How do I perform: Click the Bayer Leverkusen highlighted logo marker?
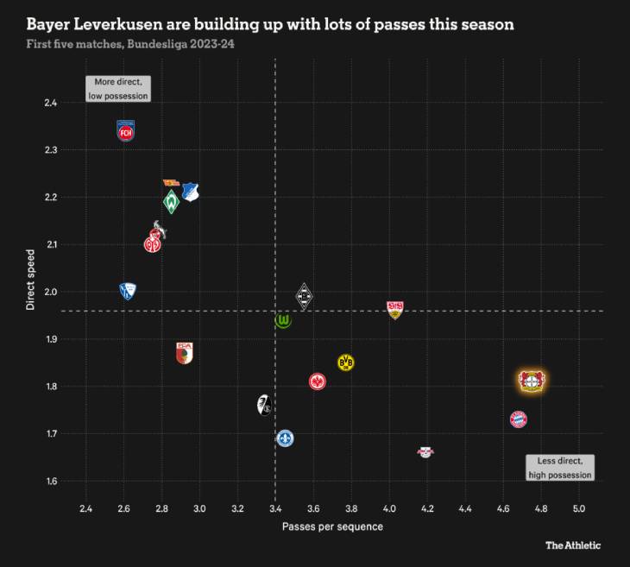[x=531, y=381]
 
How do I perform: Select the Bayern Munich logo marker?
[x=518, y=419]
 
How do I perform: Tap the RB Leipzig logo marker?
[x=425, y=451]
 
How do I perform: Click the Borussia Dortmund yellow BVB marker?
[x=346, y=362]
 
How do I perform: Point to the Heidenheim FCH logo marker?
[x=126, y=131]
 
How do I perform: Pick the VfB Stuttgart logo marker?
[x=395, y=310]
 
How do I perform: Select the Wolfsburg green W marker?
[x=283, y=321]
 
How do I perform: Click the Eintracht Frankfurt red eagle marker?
[x=318, y=381]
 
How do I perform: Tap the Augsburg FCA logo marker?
[x=184, y=352]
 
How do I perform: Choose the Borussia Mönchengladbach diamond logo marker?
[x=303, y=297]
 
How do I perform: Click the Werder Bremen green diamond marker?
[x=172, y=203]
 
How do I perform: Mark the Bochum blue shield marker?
[x=128, y=292]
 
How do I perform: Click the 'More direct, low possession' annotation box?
[x=118, y=89]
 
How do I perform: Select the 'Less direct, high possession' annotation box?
[x=560, y=468]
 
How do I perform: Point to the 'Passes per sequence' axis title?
[x=332, y=526]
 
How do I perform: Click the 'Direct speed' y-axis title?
[x=30, y=280]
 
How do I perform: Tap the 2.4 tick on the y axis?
[x=50, y=103]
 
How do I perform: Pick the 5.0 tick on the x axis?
[x=579, y=507]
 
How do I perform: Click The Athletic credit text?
[x=573, y=545]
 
